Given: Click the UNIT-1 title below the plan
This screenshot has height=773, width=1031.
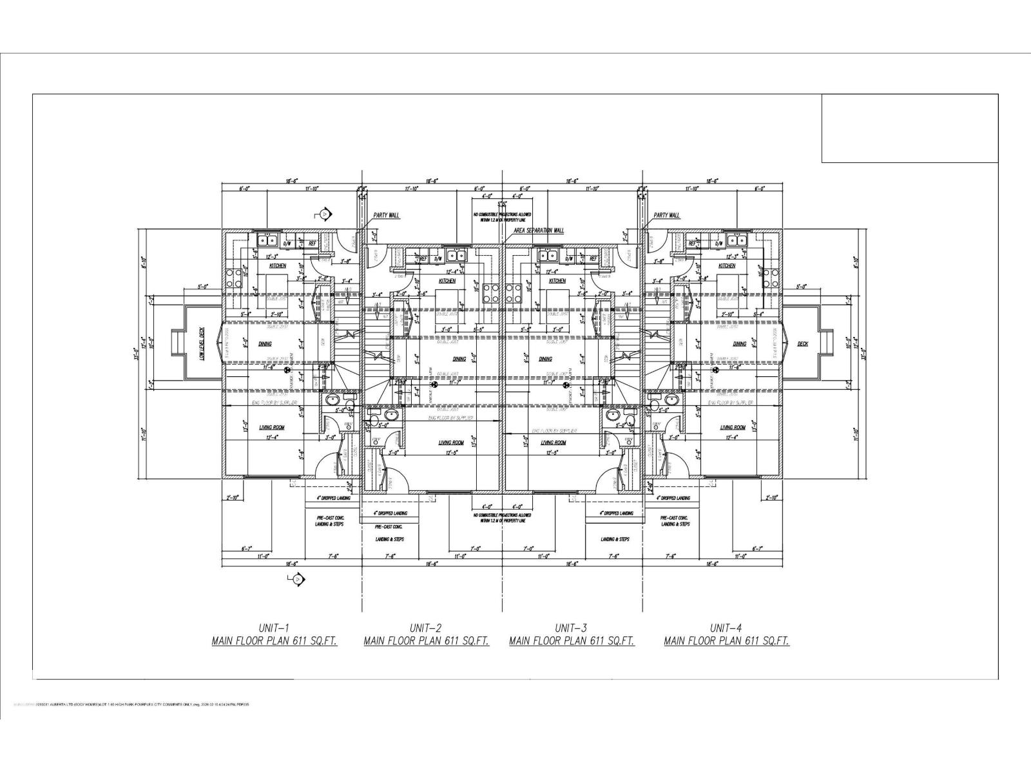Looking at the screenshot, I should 275,627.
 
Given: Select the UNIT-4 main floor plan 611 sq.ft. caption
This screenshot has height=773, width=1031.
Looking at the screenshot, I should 726,641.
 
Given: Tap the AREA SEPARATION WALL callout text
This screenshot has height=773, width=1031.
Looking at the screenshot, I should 539,230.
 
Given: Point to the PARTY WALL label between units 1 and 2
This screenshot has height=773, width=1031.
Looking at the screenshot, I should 387,215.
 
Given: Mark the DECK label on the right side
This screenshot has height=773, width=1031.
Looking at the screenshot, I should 802,344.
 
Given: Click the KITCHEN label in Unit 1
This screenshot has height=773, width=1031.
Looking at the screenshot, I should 277,265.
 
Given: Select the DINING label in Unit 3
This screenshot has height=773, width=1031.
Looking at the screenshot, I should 545,359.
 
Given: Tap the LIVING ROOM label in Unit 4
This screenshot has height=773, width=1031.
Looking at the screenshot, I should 733,428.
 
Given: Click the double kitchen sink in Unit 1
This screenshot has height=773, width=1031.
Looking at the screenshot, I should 267,241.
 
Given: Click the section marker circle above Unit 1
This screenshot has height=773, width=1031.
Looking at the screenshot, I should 325,214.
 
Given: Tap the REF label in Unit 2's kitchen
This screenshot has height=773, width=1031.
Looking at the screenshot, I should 423,258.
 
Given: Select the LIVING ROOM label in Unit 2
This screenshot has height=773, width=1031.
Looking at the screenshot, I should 451,443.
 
